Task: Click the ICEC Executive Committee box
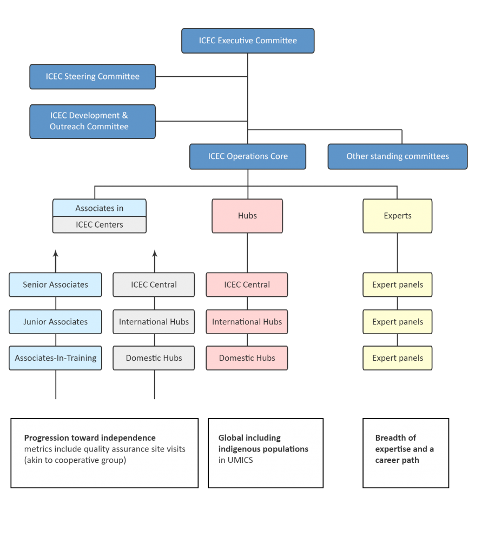[x=248, y=41]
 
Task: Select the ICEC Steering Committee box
[x=93, y=77]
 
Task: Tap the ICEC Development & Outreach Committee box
[x=93, y=121]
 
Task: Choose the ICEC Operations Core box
[x=248, y=156]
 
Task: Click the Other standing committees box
[x=398, y=156]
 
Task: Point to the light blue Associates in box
[x=100, y=208]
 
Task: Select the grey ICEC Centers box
[x=100, y=225]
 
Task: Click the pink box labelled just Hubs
[x=247, y=216]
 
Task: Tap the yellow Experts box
[x=398, y=216]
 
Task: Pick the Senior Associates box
[x=55, y=285]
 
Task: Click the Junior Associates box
[x=55, y=322]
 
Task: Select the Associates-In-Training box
[x=55, y=358]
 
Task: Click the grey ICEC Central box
[x=154, y=285]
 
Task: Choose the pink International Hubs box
[x=247, y=322]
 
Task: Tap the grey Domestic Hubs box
[x=154, y=358]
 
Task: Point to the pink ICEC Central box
[x=247, y=285]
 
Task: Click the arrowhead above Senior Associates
[x=56, y=253]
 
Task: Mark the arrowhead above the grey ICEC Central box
[x=154, y=253]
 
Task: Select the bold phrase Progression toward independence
[x=90, y=438]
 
